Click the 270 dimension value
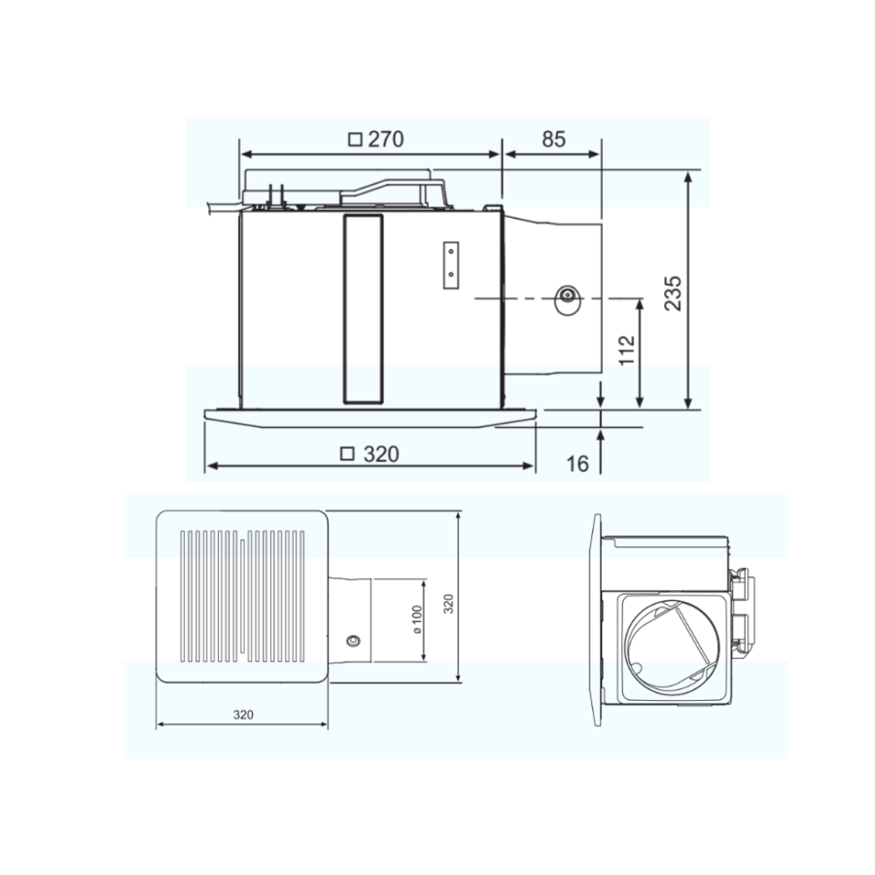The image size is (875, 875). tap(386, 139)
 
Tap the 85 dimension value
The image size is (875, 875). tap(553, 139)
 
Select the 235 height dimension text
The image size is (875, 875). tap(673, 293)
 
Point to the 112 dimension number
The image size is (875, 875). tap(627, 350)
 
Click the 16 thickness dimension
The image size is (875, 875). tap(577, 463)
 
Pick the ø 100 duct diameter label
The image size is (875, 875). tap(417, 619)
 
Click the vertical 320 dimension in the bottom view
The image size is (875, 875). tap(448, 604)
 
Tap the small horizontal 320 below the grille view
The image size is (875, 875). tap(243, 715)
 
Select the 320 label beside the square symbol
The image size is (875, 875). tap(381, 454)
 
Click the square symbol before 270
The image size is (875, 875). tap(355, 139)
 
